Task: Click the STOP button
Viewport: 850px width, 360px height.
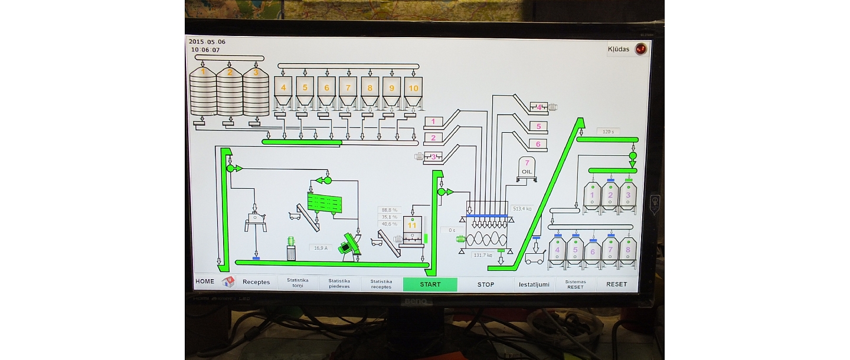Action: point(486,284)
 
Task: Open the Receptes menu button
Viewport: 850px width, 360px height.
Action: point(256,282)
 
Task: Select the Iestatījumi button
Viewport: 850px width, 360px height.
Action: point(534,284)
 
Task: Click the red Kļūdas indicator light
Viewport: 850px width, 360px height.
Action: point(640,49)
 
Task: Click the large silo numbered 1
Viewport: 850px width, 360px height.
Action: point(203,92)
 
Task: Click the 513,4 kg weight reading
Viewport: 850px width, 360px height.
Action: point(522,208)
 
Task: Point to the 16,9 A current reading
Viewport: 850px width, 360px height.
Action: point(321,248)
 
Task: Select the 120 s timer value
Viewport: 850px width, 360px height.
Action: point(608,132)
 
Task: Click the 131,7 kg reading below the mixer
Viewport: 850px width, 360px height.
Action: point(483,255)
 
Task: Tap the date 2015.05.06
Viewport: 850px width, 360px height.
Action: point(207,42)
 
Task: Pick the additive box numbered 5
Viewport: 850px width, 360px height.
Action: point(538,126)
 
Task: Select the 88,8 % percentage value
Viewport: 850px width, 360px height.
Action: point(390,210)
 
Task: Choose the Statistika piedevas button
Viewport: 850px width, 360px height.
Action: point(339,284)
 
